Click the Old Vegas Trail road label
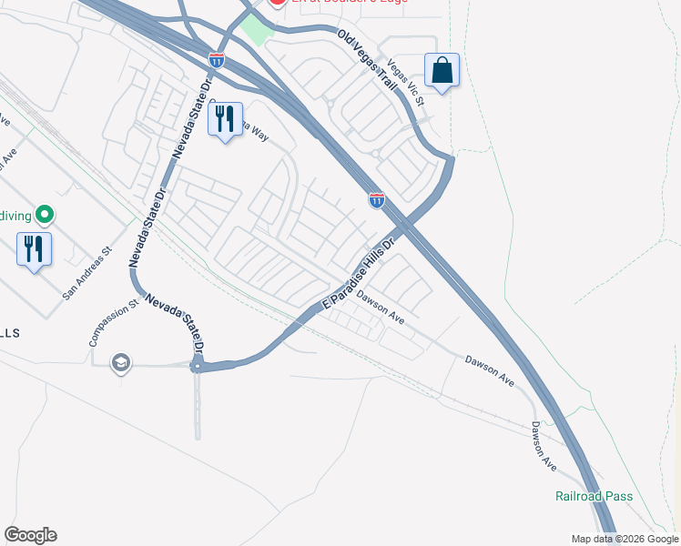tap(368, 61)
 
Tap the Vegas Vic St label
tap(405, 83)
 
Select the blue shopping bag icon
tap(442, 70)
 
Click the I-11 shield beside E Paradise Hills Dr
tap(376, 199)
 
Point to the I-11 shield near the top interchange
tap(217, 60)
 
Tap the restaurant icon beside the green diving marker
tap(35, 248)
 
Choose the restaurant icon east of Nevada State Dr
tap(225, 119)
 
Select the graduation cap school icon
tap(120, 364)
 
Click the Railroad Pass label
tap(594, 496)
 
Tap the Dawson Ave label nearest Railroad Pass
tap(544, 446)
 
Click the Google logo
tap(30, 535)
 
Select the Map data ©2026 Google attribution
tap(625, 539)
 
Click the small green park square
tap(256, 31)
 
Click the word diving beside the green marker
tap(16, 216)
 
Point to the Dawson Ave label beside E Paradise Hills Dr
tap(381, 307)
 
